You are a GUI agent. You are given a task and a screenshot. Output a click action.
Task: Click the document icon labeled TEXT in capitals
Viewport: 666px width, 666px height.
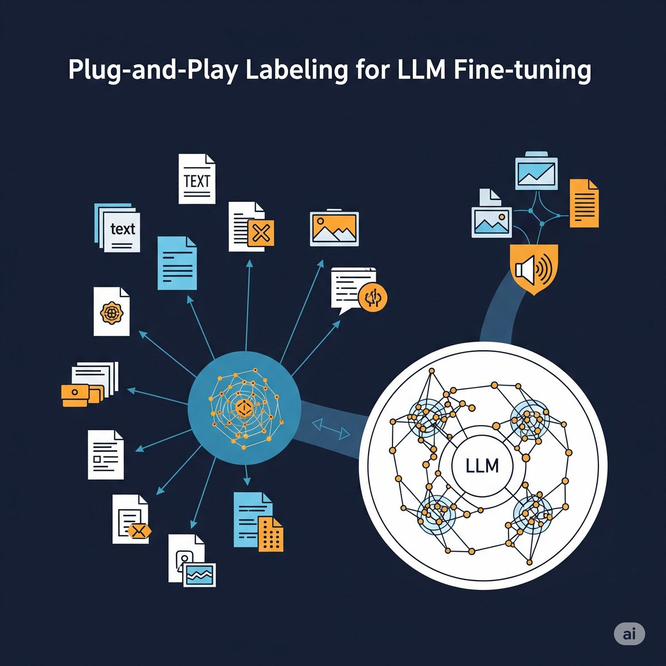coord(196,179)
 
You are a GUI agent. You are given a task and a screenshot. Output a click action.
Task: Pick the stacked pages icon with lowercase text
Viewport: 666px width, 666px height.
coord(118,227)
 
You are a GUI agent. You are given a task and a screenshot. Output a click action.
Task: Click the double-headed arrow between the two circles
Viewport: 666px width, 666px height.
coord(331,425)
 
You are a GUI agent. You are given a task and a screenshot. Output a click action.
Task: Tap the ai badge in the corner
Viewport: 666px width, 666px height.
coord(629,634)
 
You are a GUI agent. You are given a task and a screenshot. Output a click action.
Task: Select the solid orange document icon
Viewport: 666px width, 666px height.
coord(584,203)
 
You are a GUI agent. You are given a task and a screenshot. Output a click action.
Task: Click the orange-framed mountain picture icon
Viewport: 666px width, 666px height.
coord(334,228)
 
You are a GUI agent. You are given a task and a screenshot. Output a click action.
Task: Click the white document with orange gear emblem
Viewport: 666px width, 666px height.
coord(111,311)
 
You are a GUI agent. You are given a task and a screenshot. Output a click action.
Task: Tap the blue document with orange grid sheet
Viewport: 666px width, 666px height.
coord(258,522)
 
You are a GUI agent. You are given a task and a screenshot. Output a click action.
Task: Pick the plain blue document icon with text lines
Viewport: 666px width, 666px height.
coord(177,263)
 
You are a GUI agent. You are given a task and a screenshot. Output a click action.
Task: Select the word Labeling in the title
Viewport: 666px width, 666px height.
coord(291,73)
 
